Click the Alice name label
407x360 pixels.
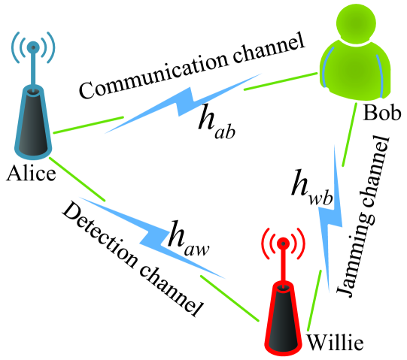(x=30, y=175)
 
